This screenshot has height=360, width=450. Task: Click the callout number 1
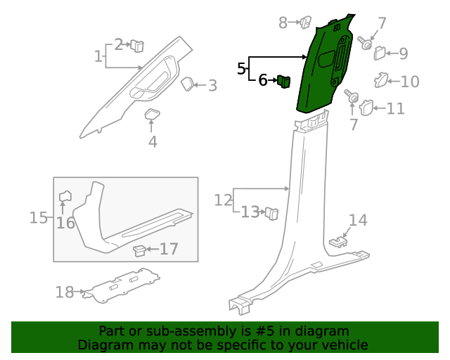[98, 56]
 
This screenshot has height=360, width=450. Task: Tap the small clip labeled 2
[137, 46]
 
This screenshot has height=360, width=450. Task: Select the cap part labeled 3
[188, 84]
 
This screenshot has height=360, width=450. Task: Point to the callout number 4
[153, 142]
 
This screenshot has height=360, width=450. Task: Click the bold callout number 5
[242, 69]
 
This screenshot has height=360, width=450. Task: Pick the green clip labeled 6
[285, 81]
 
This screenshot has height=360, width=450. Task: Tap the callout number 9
[403, 53]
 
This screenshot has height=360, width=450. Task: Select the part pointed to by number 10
[380, 79]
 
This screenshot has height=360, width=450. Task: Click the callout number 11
[396, 108]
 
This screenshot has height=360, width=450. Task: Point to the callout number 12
[223, 200]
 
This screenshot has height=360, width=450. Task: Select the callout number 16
[65, 223]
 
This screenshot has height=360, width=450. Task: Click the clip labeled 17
[141, 249]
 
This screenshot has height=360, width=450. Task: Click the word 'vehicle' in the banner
[344, 345]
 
